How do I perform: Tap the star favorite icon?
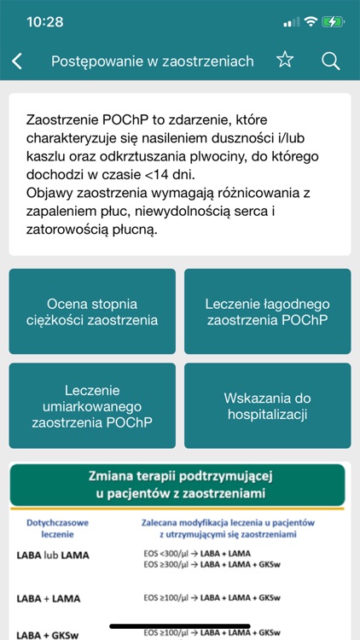pos(285,60)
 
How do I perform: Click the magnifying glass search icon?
pos(330,60)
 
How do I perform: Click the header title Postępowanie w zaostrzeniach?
pos(153,61)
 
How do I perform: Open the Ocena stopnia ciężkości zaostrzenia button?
pos(92,311)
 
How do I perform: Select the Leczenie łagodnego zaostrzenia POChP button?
pos(267,311)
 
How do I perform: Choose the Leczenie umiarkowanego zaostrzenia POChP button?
pos(92,405)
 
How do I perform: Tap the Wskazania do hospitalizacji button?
pos(267,405)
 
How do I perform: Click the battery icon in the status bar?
pos(334,21)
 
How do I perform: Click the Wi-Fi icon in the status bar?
pos(311,21)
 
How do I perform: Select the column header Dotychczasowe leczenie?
pos(53,527)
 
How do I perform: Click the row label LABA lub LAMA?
pos(53,556)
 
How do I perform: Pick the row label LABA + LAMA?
pos(49,598)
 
